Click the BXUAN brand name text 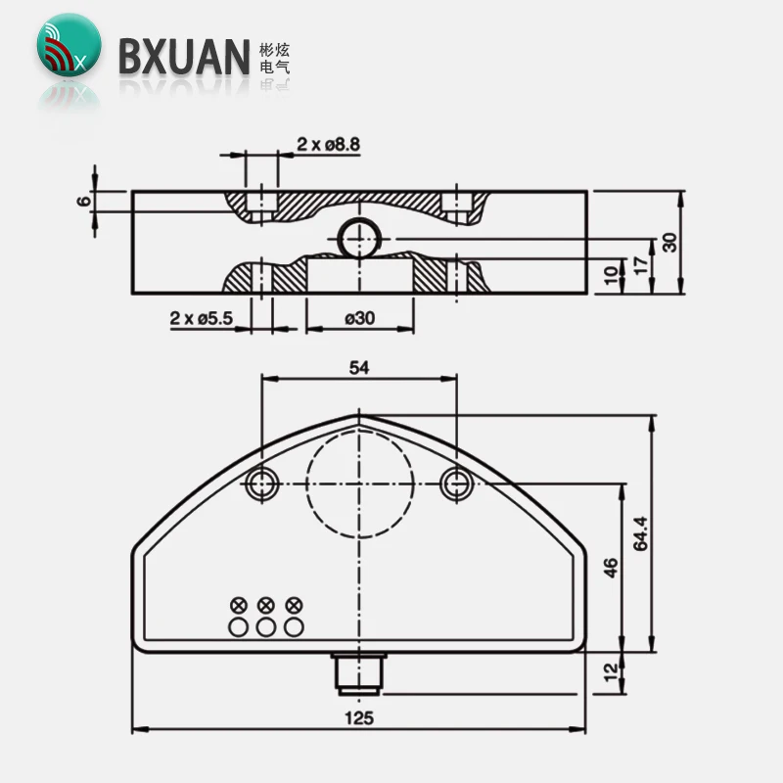pos(184,56)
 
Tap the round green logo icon pos(67,45)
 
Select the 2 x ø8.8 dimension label pos(328,144)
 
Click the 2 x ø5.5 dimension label pos(201,318)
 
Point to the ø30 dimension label pos(359,318)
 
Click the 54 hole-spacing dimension pos(359,367)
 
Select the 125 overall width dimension pos(359,716)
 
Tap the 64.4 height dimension pos(641,533)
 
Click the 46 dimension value pos(611,568)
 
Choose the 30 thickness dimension pos(669,242)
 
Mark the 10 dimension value pos(612,275)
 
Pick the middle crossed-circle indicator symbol pos(264,604)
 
